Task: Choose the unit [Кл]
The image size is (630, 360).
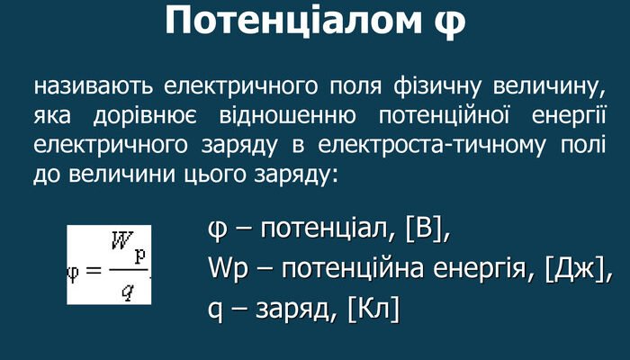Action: [376, 309]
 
